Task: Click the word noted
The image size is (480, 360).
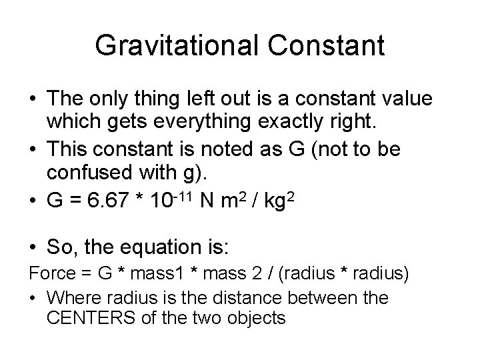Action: (237, 149)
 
